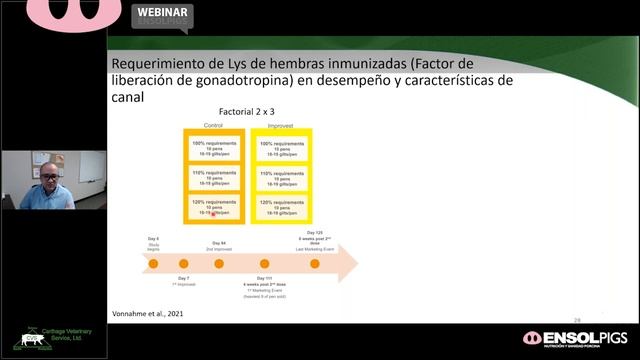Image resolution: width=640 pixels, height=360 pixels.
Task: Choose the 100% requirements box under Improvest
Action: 283,149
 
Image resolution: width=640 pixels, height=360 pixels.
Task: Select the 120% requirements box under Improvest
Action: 283,207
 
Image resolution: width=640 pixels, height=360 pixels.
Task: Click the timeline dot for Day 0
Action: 153,264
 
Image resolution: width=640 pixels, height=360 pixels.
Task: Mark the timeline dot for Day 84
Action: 219,264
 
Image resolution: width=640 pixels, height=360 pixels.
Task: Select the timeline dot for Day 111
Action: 265,264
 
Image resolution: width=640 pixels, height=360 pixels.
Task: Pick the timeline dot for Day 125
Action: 315,264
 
